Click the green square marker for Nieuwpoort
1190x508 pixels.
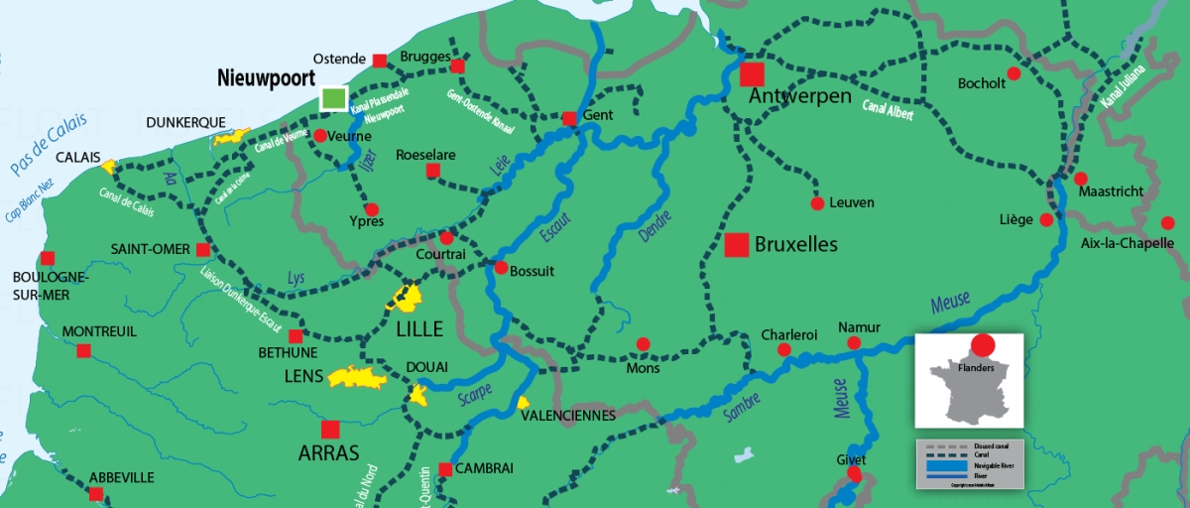tap(334, 98)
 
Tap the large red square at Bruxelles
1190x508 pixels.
tap(736, 245)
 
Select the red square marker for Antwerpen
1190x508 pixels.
tap(753, 74)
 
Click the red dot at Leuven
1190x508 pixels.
tap(817, 203)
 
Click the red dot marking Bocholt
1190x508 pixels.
tap(1013, 73)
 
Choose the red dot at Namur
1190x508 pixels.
tap(853, 343)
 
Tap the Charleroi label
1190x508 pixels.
tap(788, 334)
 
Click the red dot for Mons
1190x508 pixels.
tap(643, 344)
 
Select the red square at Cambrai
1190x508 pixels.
tap(445, 468)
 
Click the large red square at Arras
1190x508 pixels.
tap(329, 429)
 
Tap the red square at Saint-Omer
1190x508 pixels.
tap(203, 249)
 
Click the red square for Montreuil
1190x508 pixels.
tap(83, 350)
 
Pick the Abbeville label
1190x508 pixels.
tap(121, 477)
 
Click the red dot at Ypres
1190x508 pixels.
tap(372, 209)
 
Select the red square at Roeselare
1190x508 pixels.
tap(432, 171)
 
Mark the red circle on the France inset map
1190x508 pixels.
tap(983, 345)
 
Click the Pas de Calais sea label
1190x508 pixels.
tap(48, 145)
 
